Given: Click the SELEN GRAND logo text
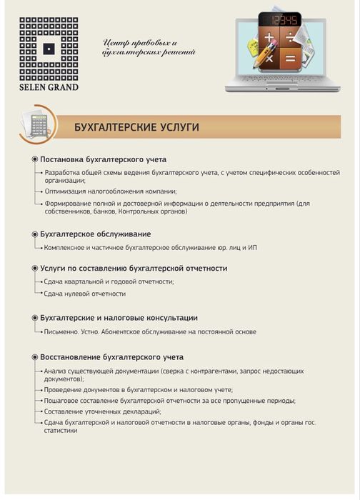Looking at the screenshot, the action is click(x=49, y=88).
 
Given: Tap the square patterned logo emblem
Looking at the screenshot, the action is click(x=49, y=49).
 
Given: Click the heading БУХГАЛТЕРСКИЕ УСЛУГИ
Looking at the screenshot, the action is click(x=136, y=127).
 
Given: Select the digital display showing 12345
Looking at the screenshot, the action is click(x=279, y=20).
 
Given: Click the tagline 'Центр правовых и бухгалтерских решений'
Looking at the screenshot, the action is click(x=149, y=48).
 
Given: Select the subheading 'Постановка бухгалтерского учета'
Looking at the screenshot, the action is click(x=104, y=159).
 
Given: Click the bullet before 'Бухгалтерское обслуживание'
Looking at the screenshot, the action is click(x=34, y=234).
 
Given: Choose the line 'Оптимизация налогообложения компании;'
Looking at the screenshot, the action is click(x=111, y=191).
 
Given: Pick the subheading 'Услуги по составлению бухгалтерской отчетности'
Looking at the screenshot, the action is click(x=134, y=268).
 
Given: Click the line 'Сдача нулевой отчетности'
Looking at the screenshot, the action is click(x=85, y=294).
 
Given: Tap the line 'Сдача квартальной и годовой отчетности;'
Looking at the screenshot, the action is click(x=109, y=281).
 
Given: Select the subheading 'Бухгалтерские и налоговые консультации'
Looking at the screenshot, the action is click(x=119, y=318).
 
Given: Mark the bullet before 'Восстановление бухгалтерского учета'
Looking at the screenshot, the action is click(x=34, y=357).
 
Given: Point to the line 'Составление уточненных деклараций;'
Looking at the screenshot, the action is click(x=102, y=411).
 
